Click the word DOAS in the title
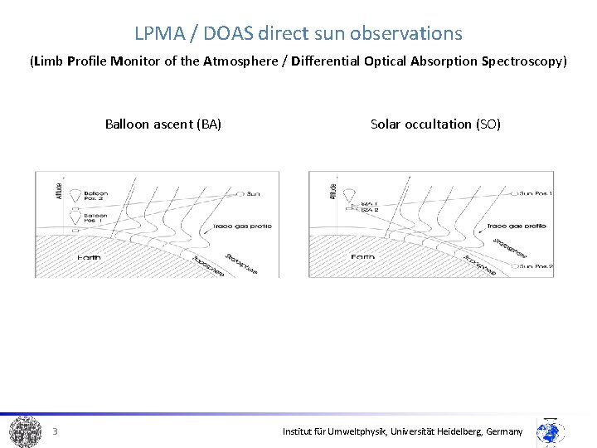228,34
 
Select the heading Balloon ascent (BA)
163,124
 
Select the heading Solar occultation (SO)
435,124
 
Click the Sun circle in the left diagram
240,193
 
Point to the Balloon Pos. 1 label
95,218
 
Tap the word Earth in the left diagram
89,258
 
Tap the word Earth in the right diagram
363,258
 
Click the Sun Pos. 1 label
534,193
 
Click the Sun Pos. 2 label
534,266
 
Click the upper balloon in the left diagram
75,194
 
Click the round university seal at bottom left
26,431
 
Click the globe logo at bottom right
550,432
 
